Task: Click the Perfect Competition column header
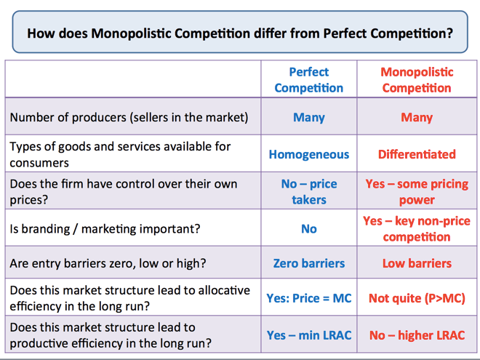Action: coord(308,80)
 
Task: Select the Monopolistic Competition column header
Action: coord(417,80)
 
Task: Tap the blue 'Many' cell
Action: coord(309,117)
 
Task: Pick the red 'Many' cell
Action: coord(417,117)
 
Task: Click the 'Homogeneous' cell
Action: coord(309,154)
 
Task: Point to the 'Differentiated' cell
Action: coord(417,154)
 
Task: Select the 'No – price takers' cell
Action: coord(309,191)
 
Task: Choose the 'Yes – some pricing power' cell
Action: coord(417,191)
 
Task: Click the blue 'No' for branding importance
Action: coord(309,228)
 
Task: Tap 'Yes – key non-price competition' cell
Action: coord(417,228)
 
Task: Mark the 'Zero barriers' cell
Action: coord(309,263)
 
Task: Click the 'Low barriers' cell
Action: coord(417,263)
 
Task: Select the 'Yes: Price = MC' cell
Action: coord(309,298)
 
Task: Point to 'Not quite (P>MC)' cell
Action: coord(417,298)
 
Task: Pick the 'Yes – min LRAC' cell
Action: coord(309,335)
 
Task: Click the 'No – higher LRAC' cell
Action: coord(417,335)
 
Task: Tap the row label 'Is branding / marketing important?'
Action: coord(105,229)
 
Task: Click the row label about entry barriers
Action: coord(108,263)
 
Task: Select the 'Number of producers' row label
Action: coord(129,118)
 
